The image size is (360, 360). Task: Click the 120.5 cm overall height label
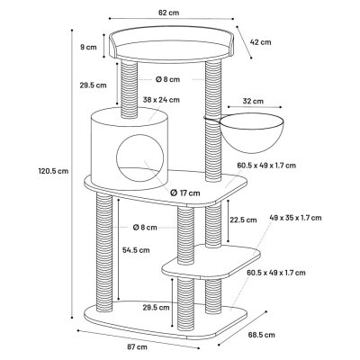pyautogui.click(x=53, y=171)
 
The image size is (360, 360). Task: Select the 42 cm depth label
pyautogui.click(x=261, y=42)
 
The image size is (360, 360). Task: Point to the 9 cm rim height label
pyautogui.click(x=88, y=47)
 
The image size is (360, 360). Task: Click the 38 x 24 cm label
pyautogui.click(x=161, y=100)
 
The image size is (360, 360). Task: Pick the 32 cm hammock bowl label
pyautogui.click(x=253, y=101)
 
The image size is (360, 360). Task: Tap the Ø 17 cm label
pyautogui.click(x=185, y=193)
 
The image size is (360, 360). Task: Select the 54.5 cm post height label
pyautogui.click(x=136, y=250)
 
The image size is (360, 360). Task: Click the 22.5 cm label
pyautogui.click(x=243, y=220)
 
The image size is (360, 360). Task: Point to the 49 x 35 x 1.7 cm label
pyautogui.click(x=295, y=218)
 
